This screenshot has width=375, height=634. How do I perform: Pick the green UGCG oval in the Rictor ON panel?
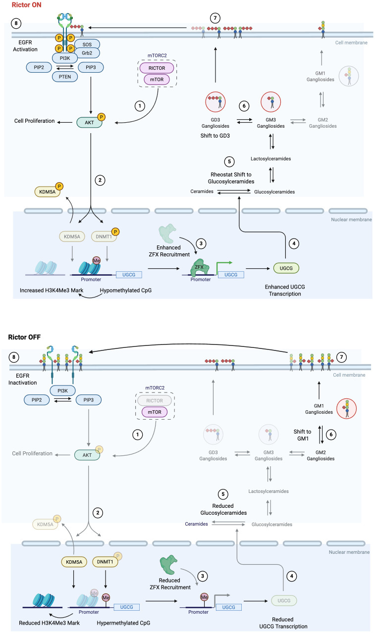(x=286, y=268)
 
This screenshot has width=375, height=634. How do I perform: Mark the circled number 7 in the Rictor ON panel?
(x=214, y=18)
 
